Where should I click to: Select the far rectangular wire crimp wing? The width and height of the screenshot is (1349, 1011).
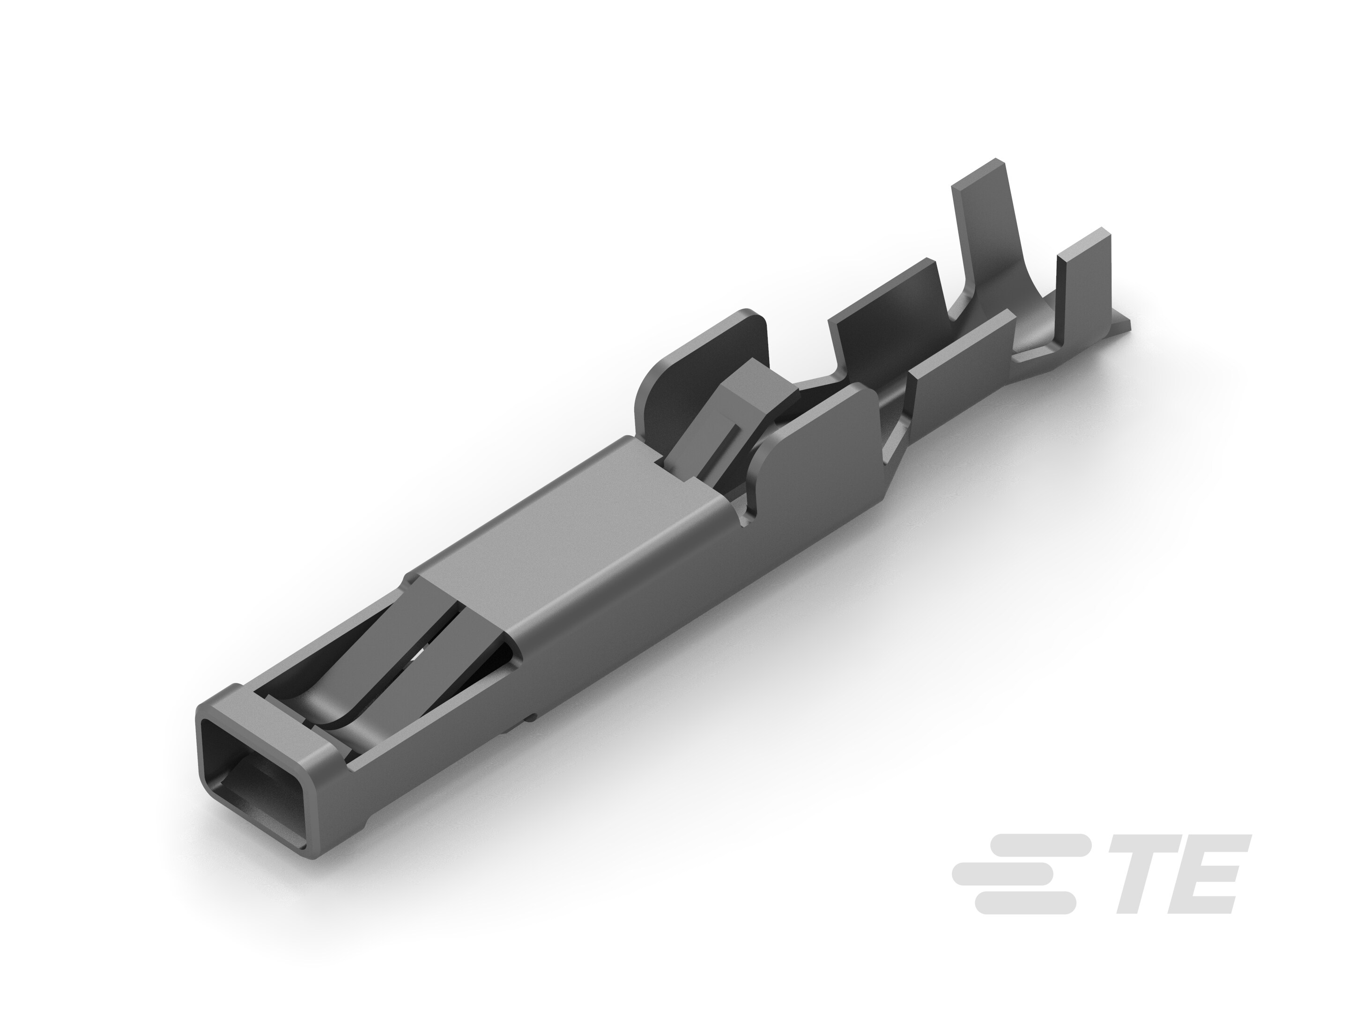tap(887, 317)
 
